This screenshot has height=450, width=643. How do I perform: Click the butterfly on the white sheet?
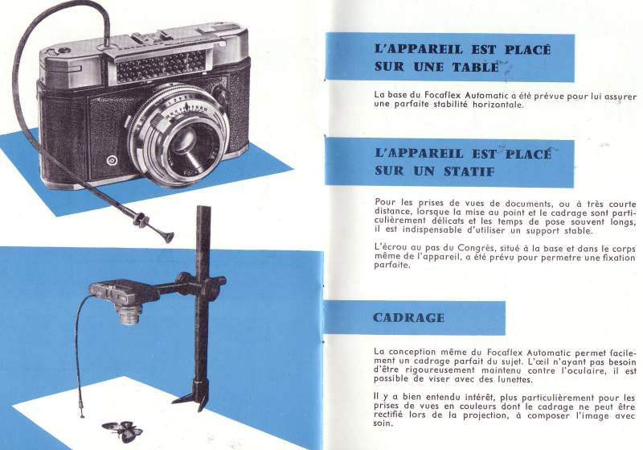123,431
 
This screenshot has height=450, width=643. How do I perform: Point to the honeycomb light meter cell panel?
160,66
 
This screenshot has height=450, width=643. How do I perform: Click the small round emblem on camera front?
112,160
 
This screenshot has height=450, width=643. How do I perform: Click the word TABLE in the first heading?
475,67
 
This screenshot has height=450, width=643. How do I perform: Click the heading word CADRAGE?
408,318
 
